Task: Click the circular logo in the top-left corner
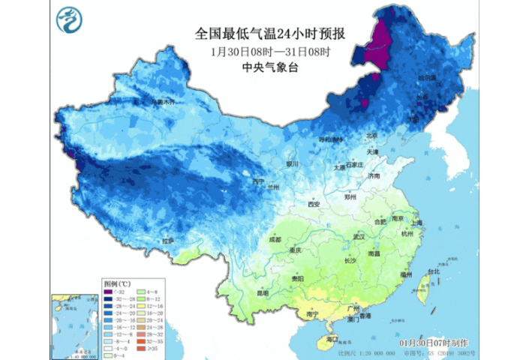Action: [69, 19]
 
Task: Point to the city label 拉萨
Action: [167, 241]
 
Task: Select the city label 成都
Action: [275, 240]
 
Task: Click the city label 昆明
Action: [262, 292]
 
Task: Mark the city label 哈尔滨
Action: [426, 78]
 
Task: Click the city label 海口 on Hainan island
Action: [332, 340]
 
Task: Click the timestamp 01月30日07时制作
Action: [428, 342]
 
